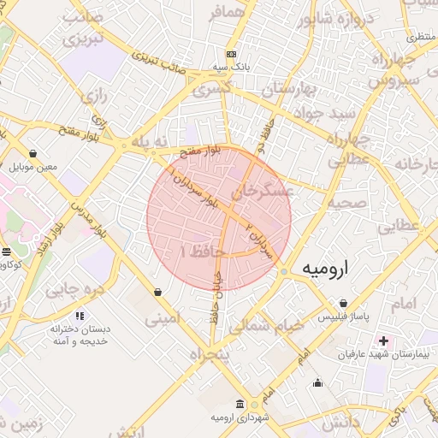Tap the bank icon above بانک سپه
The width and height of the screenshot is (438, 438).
[231, 52]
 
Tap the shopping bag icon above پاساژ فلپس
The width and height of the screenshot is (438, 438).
[343, 304]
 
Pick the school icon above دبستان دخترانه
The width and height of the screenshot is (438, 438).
[80, 316]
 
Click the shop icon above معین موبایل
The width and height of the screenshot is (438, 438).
[33, 153]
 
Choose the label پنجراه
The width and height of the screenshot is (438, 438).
[210, 354]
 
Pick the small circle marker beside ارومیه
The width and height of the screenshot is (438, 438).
[284, 271]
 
